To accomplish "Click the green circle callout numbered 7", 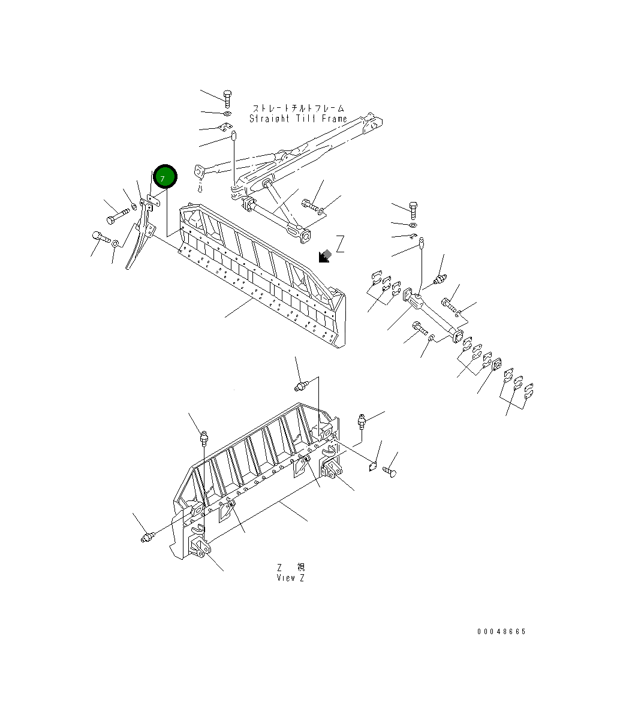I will click(165, 177).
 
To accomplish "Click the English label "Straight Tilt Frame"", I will click(298, 119).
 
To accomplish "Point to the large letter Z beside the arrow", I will click(340, 244).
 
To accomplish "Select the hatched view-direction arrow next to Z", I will click(325, 256).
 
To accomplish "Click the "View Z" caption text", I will click(290, 578).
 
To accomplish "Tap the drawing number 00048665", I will click(501, 632).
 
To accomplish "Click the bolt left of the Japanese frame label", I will click(227, 98).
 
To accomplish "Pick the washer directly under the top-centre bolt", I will click(227, 113).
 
